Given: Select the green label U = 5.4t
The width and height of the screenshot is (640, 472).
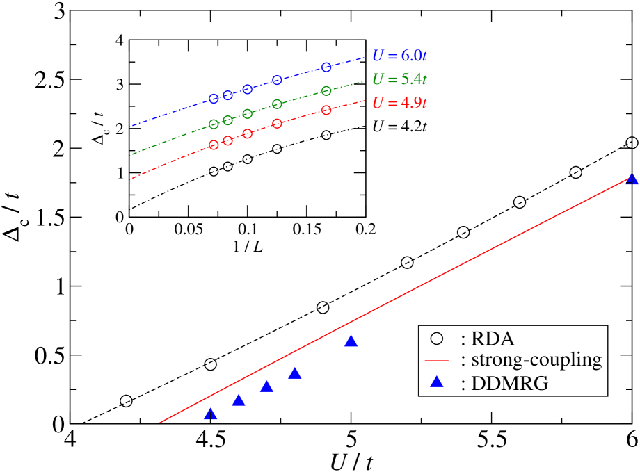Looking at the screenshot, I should point(399,79).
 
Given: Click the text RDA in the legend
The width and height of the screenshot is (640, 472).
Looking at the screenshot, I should point(492,339).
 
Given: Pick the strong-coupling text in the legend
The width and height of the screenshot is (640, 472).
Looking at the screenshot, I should point(536,360).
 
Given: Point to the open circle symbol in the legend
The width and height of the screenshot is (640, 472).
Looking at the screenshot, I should point(437,339).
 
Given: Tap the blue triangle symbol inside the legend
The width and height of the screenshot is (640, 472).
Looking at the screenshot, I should point(437,382).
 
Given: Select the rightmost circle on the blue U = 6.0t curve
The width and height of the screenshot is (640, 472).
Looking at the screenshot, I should point(326,67).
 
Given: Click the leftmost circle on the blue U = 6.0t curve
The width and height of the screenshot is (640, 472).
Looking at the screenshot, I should point(214,99).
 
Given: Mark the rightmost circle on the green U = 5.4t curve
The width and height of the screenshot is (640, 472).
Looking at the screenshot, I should point(326,91).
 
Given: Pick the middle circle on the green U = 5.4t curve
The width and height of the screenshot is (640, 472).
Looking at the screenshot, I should point(248,114).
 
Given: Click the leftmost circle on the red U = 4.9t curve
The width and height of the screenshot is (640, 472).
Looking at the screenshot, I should point(214,145).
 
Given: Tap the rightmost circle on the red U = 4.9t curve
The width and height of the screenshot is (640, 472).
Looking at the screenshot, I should point(326,111).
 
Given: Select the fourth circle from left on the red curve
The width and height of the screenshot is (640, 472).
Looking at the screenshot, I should point(277,124).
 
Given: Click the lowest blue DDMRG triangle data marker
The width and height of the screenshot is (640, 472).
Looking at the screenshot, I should point(211,414).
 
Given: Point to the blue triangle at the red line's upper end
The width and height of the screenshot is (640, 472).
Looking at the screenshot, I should point(632,179).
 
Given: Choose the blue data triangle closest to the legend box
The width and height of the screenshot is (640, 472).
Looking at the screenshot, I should point(351,341).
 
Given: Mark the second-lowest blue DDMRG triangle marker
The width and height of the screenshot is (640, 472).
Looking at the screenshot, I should point(239,400).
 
